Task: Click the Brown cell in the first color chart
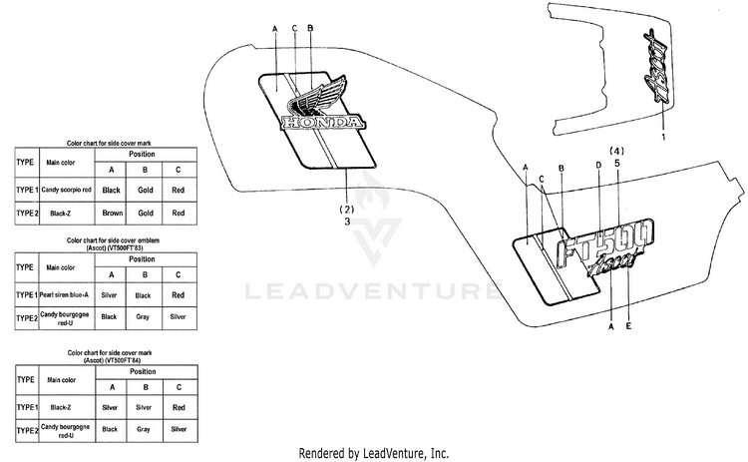tap(112, 213)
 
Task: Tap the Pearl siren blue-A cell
tap(65, 295)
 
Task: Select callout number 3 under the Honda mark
tap(346, 223)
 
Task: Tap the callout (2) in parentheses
tap(346, 210)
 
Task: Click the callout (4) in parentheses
tap(616, 152)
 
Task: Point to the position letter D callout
tap(598, 165)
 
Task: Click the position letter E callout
tap(628, 325)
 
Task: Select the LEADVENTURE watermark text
tap(373, 292)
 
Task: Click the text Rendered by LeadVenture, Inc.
tap(373, 452)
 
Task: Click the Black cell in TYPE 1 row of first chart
tap(112, 189)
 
